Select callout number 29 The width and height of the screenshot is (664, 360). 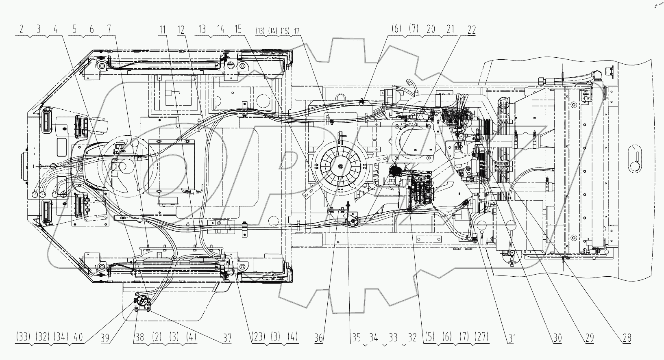(590, 337)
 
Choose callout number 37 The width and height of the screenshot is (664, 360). (226, 337)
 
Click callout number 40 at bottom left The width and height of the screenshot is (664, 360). (78, 337)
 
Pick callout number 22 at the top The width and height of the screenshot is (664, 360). (471, 30)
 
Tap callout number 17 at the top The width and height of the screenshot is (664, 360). (297, 30)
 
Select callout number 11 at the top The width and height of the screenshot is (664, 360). (163, 30)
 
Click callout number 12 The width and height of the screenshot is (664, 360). (181, 30)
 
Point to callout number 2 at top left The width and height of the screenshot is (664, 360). (21, 30)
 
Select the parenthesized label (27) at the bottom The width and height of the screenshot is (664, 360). (481, 337)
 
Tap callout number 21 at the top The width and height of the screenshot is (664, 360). (450, 30)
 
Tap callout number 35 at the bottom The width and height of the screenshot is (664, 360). (356, 337)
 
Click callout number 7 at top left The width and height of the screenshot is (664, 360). (109, 30)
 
